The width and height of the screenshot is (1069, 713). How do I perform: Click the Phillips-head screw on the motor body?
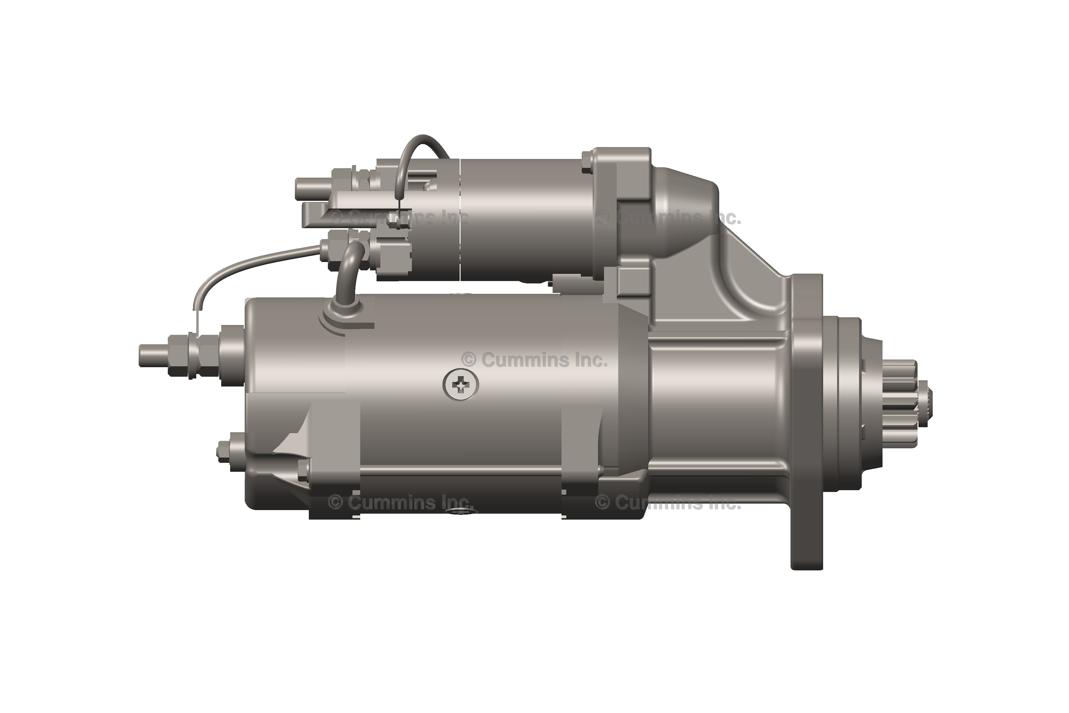[x=461, y=385]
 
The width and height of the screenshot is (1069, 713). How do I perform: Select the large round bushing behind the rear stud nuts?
[x=232, y=355]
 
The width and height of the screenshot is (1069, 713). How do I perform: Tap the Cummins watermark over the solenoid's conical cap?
[x=668, y=217]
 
